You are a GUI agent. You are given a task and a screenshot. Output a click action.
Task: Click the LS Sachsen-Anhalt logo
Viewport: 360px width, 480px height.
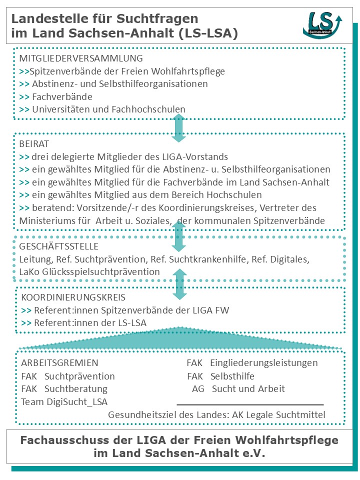pos(323,24)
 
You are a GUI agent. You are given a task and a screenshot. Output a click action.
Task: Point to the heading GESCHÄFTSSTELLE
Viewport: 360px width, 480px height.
pos(58,246)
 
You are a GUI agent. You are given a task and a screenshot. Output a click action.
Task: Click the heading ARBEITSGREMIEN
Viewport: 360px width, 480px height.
pos(59,363)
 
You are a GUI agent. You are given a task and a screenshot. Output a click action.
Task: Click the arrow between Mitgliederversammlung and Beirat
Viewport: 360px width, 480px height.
pos(179,128)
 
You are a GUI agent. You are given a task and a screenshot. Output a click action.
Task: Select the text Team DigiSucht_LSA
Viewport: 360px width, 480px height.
pos(64,401)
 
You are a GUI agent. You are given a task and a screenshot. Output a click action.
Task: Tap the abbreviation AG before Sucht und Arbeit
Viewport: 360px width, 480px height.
pos(198,388)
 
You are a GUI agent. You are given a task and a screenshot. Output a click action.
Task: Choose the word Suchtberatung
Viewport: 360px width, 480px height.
pos(76,388)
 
